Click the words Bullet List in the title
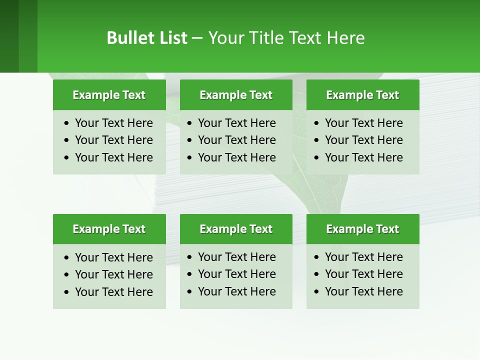(147, 38)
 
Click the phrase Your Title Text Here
(286, 38)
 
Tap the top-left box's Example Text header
(109, 95)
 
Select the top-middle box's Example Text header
(236, 95)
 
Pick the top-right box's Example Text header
(362, 95)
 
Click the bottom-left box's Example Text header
(109, 229)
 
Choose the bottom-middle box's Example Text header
(236, 229)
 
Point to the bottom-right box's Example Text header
(362, 229)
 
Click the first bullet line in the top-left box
(113, 123)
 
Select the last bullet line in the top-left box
(113, 157)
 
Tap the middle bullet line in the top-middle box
(236, 140)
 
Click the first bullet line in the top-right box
(363, 123)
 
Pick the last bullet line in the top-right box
(363, 157)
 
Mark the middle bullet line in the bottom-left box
(113, 274)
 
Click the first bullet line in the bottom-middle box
(236, 257)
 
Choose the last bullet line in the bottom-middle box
(236, 291)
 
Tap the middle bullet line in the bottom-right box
(363, 274)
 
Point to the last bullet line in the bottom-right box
(363, 291)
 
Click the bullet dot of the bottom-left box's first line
(67, 258)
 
